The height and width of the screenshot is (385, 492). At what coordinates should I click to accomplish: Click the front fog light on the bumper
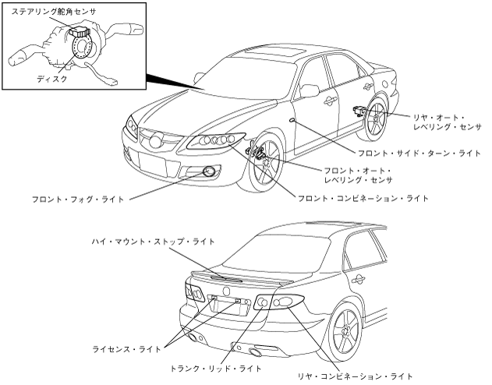tap(208, 171)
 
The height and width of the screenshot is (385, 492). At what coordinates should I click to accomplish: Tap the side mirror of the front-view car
tap(310, 90)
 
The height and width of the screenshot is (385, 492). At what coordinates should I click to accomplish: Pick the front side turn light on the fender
tap(290, 122)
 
